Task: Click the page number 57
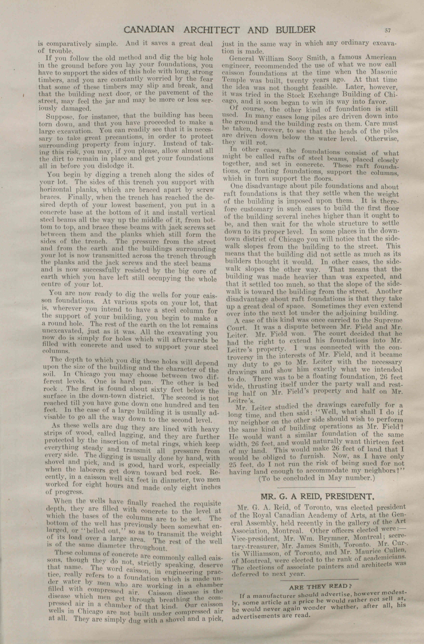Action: [388, 30]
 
